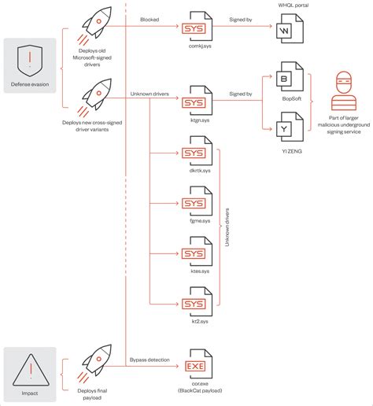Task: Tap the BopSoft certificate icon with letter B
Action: [286, 79]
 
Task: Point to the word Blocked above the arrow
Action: [150, 18]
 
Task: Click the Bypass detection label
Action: [149, 359]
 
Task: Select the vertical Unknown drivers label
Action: [227, 228]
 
